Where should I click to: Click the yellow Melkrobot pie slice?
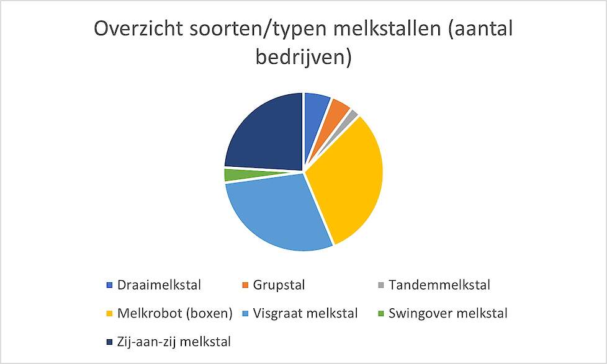click(348, 178)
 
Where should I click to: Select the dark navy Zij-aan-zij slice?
click(267, 135)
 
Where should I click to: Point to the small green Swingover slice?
click(236, 174)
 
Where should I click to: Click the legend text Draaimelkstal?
click(159, 285)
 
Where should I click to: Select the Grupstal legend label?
click(279, 285)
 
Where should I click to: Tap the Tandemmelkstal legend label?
click(439, 285)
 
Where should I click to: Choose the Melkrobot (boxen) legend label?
click(174, 313)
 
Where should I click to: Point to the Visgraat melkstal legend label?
click(305, 313)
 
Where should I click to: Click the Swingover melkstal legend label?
click(448, 313)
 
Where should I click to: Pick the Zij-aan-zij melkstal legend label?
click(174, 342)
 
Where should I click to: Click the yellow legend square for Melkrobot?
click(110, 314)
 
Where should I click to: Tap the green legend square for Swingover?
click(381, 314)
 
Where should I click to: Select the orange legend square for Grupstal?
click(245, 285)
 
